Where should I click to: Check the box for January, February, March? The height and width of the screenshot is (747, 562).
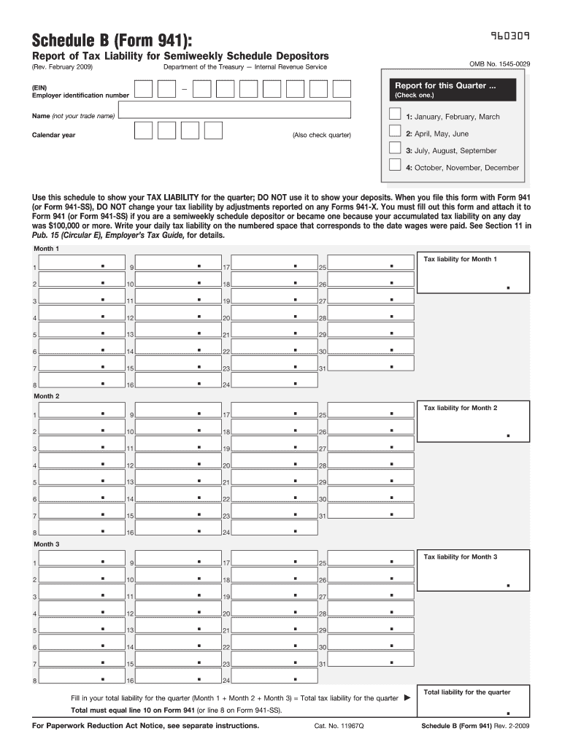pos(395,115)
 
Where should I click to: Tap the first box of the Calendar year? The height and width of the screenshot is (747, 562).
pos(144,131)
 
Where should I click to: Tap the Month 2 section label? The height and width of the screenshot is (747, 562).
pos(47,396)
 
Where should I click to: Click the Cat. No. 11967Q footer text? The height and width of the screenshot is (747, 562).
pos(339,727)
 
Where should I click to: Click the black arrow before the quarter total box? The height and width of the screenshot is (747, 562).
pos(407,698)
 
